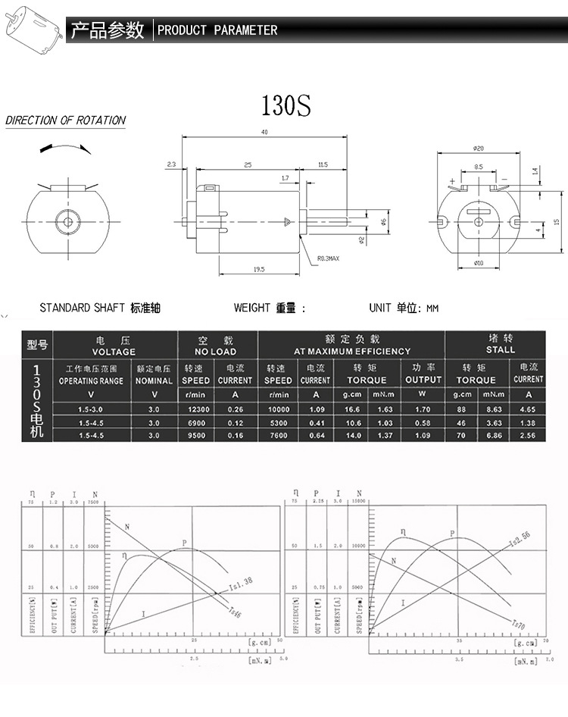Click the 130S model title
coord(286,105)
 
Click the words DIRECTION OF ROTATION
coord(66,121)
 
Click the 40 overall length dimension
coord(264,133)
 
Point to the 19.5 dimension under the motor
coord(259,269)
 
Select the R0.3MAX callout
coord(329,258)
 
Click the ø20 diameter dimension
coord(479,148)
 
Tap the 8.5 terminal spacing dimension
coord(479,166)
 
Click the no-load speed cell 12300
coord(195,409)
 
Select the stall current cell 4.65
coord(528,409)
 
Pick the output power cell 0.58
coord(423,423)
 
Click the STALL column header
coord(500,346)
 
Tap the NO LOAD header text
coord(215,352)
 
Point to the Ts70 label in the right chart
coord(518,625)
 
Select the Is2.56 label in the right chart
coord(520,540)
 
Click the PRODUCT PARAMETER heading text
coord(217,30)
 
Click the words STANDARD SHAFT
coord(82,308)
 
